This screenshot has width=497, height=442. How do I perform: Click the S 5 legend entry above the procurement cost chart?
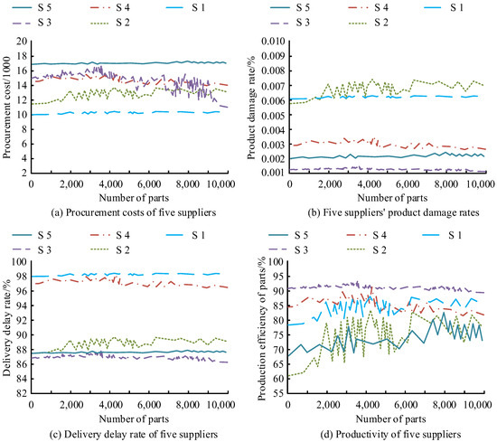tap(32, 7)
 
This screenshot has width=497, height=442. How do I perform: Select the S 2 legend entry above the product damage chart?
tap(369, 23)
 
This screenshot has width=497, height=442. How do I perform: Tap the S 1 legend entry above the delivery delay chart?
tap(186, 235)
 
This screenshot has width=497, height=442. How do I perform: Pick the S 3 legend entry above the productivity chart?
tap(288, 250)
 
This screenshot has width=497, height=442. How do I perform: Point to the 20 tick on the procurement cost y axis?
tap(24, 42)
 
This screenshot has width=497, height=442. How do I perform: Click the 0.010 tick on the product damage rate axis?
tap(273, 42)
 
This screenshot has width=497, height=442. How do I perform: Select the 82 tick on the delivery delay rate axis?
tap(24, 393)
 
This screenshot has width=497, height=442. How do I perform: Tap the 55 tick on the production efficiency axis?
tap(280, 393)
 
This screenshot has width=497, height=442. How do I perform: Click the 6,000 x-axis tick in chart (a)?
tap(149, 183)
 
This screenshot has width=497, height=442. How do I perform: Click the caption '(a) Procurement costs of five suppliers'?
tap(134, 212)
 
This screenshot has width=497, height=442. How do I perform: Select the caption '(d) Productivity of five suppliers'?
tap(390, 434)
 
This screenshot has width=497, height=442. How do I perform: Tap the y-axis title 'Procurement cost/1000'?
tap(7, 108)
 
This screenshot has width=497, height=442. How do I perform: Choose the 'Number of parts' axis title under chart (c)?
tap(134, 419)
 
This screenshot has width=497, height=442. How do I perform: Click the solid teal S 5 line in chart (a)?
tap(129, 63)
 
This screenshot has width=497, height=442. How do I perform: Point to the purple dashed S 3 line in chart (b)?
tap(387, 169)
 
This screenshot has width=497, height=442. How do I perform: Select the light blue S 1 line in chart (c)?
tap(126, 274)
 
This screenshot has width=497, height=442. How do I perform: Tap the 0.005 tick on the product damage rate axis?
tap(273, 115)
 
